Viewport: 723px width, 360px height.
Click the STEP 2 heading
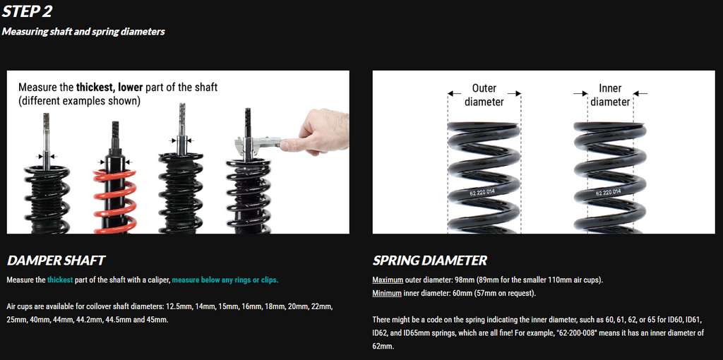pyautogui.click(x=28, y=12)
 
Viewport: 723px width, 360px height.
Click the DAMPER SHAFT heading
pyautogui.click(x=56, y=260)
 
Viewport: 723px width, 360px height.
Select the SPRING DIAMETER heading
pyautogui.click(x=429, y=260)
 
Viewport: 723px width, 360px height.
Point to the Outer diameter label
pyautogui.click(x=484, y=95)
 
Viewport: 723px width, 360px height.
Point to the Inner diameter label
pyautogui.click(x=610, y=95)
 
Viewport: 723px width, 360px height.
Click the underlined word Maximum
pyautogui.click(x=388, y=280)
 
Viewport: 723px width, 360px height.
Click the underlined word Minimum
pyautogui.click(x=387, y=293)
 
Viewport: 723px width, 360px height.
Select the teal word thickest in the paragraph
pyautogui.click(x=60, y=280)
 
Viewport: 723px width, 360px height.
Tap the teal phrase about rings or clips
pyautogui.click(x=225, y=280)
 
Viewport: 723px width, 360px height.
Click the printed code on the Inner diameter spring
pyautogui.click(x=608, y=192)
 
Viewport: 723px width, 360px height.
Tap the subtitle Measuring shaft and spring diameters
pyautogui.click(x=83, y=32)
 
